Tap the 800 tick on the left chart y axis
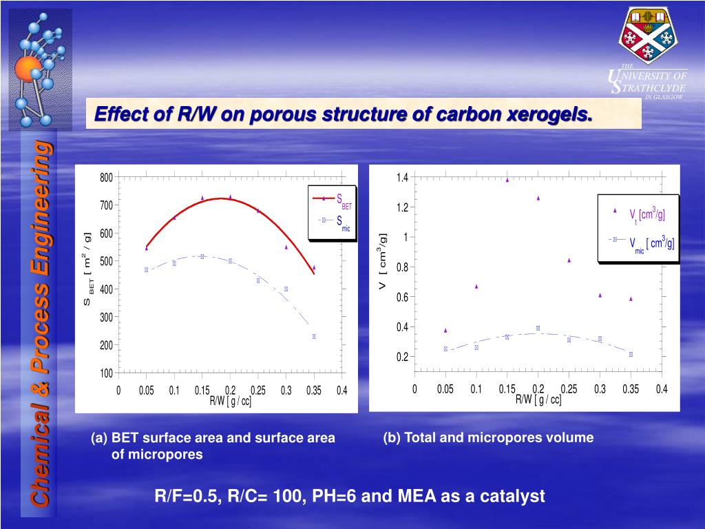pyautogui.click(x=106, y=178)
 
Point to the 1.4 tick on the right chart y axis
pyautogui.click(x=402, y=178)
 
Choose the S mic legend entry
pyautogui.click(x=333, y=221)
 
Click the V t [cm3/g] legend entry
pyautogui.click(x=640, y=214)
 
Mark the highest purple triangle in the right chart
pyautogui.click(x=507, y=180)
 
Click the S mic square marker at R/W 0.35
pyautogui.click(x=314, y=337)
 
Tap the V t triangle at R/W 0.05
pyautogui.click(x=445, y=330)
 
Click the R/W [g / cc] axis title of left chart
pyautogui.click(x=230, y=402)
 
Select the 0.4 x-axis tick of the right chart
pyautogui.click(x=662, y=389)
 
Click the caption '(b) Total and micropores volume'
pyautogui.click(x=488, y=437)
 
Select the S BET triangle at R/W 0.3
pyautogui.click(x=286, y=247)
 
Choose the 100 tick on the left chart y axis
pyautogui.click(x=106, y=373)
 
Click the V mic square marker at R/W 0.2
pyautogui.click(x=538, y=328)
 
